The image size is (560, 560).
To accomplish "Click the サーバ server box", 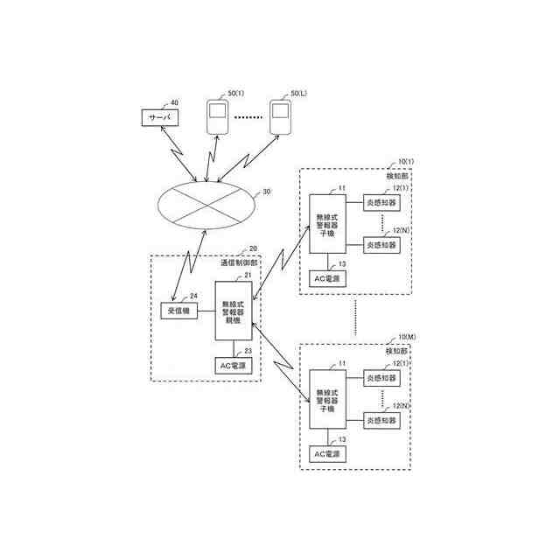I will click(x=158, y=117).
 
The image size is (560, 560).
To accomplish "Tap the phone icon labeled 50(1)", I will click(x=216, y=116).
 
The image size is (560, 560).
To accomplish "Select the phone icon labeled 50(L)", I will click(x=279, y=116).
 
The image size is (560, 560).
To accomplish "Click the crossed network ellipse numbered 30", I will click(x=207, y=206).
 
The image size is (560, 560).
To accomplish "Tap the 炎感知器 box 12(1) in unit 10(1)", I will click(x=381, y=201).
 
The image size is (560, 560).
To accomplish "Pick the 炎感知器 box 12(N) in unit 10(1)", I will click(x=381, y=246).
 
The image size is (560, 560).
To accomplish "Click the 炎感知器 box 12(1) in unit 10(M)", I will click(x=381, y=378).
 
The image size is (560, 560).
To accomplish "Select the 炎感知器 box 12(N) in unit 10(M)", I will click(x=381, y=421).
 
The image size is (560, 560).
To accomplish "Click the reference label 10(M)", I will click(x=407, y=337).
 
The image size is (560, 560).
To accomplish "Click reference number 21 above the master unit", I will click(x=248, y=276).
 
